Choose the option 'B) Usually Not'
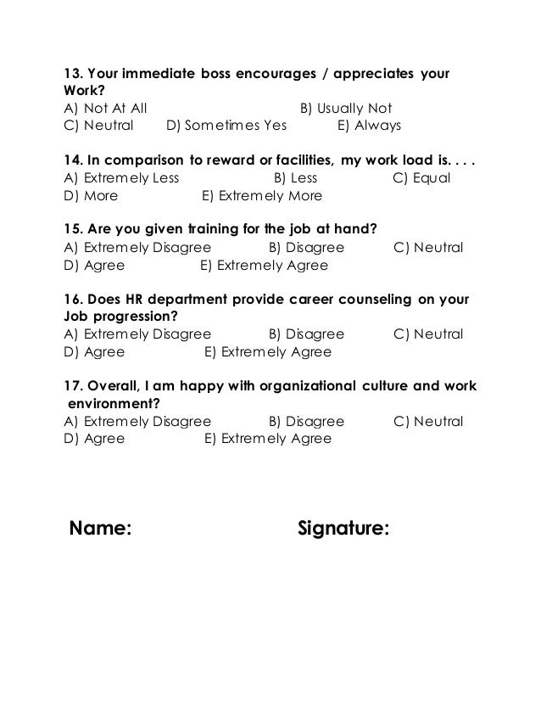346,109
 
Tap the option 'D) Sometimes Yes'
226,126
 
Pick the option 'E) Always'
369,126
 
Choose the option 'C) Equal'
422,178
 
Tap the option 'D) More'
91,196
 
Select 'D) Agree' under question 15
94,266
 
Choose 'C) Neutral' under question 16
428,334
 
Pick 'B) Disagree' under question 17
306,422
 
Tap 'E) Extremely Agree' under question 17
268,439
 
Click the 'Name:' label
100,530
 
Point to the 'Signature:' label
344,530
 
